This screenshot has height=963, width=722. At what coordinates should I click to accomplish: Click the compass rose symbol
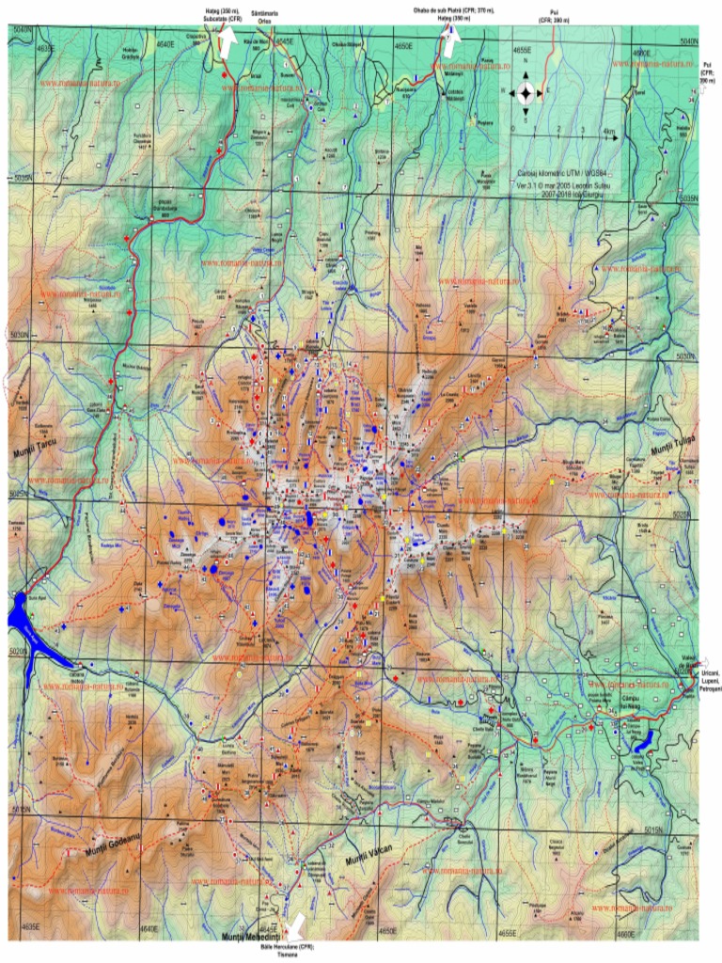[x=526, y=91]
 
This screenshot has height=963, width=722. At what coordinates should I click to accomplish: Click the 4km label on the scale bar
[x=608, y=131]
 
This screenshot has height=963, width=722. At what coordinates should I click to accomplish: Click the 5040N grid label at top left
[x=21, y=31]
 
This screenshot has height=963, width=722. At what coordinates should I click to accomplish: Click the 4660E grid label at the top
[x=642, y=53]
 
